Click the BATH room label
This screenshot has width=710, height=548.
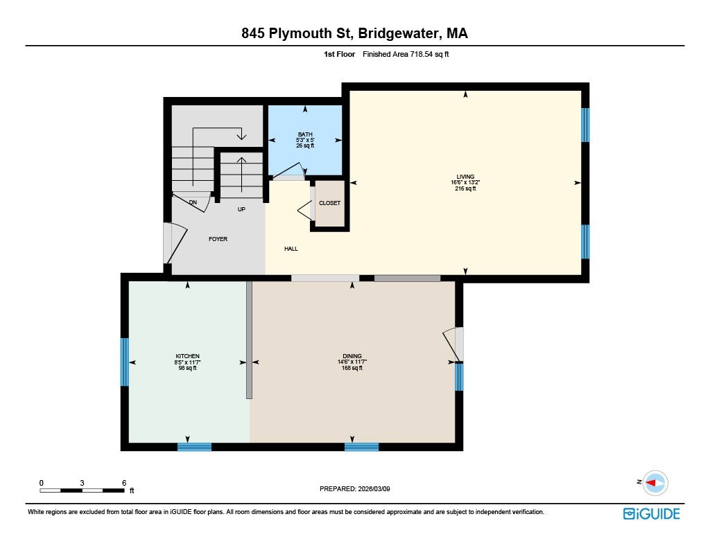[x=305, y=134]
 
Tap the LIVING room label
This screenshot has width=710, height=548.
[x=465, y=177]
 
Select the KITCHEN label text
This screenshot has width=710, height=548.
[x=187, y=356]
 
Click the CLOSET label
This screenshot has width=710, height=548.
[x=329, y=203]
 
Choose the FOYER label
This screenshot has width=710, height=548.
[x=218, y=239]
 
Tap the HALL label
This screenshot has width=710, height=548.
[x=291, y=249]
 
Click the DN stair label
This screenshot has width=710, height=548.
[x=193, y=202]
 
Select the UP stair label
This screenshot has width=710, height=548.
[x=241, y=208]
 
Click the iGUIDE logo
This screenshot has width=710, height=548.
[x=651, y=513]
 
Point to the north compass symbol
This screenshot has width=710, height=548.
[x=654, y=482]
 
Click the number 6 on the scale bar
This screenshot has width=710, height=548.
[x=123, y=482]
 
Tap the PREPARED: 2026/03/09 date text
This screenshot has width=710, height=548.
[x=359, y=488]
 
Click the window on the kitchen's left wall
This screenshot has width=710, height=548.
[x=125, y=362]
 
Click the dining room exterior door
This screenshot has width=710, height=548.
[x=454, y=344]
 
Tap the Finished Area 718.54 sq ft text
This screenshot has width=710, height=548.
[x=406, y=54]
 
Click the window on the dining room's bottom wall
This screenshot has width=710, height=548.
[x=361, y=447]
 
